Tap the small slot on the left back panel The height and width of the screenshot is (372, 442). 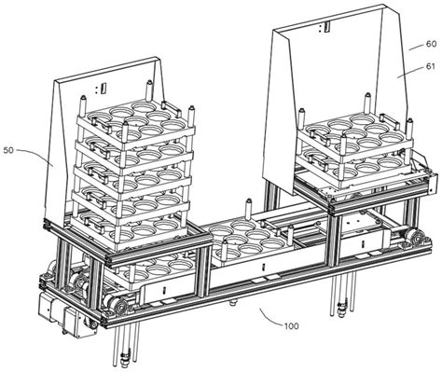(x=104, y=87)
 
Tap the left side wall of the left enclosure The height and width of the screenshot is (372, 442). (x=63, y=158)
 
